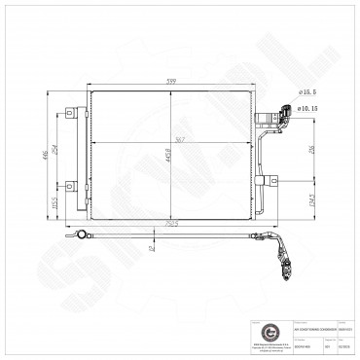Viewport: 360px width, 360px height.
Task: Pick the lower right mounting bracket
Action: coord(272,181)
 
